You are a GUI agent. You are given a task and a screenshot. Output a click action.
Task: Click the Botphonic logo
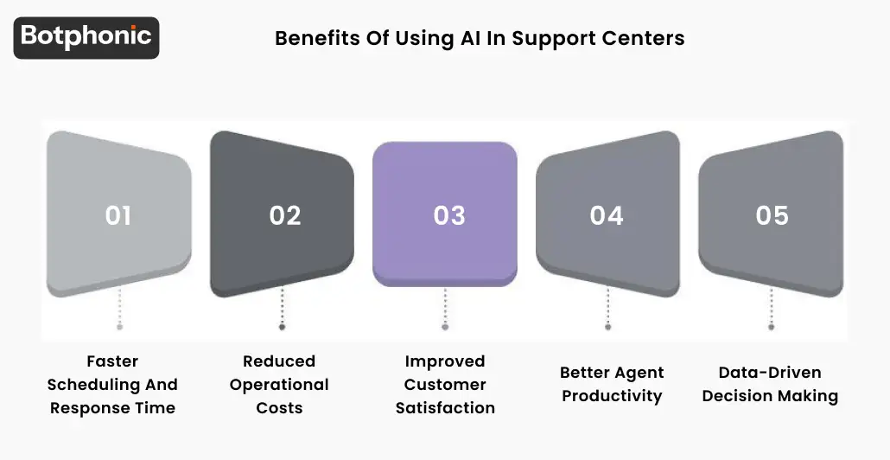(x=86, y=37)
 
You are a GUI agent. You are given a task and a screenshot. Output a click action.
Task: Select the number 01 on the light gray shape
(x=118, y=215)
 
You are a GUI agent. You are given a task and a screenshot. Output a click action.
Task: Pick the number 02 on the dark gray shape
(x=284, y=215)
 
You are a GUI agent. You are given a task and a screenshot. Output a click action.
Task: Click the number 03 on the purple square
(x=449, y=215)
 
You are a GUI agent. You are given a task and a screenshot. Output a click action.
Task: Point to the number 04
(x=607, y=215)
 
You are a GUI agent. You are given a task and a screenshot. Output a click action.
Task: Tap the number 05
(x=772, y=215)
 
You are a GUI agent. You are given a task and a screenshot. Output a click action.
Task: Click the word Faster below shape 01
(x=112, y=361)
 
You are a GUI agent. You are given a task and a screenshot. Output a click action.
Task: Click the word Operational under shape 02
(x=279, y=385)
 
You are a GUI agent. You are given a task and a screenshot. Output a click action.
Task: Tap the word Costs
(x=279, y=408)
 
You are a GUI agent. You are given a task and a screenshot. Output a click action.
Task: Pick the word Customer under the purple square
(x=445, y=385)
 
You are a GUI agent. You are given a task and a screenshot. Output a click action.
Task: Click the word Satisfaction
(x=445, y=408)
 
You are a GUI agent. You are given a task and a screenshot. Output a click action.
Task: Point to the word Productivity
(x=612, y=396)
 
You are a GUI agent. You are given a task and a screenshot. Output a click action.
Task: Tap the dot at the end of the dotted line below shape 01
(x=119, y=327)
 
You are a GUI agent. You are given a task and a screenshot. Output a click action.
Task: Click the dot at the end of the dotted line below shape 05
(x=772, y=327)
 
